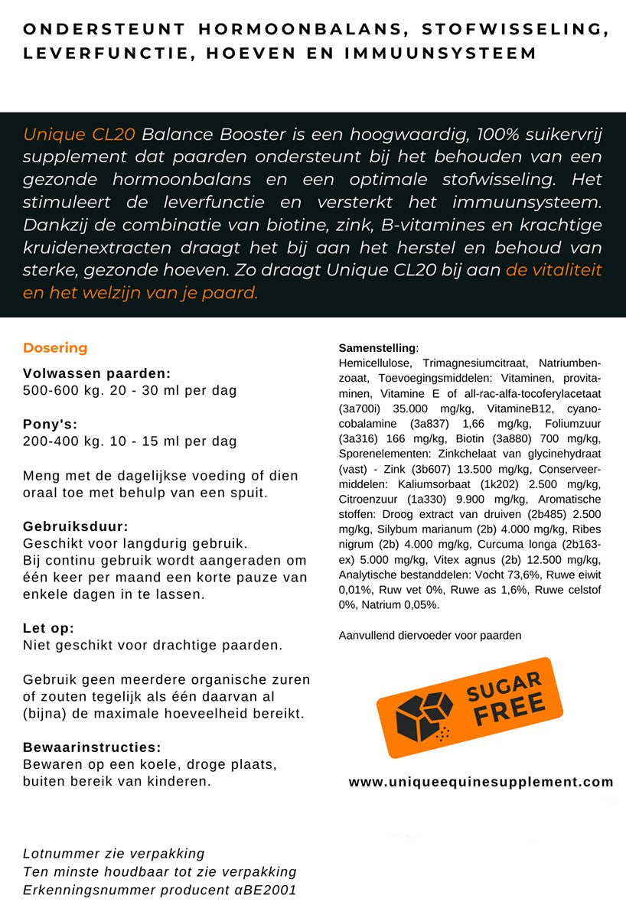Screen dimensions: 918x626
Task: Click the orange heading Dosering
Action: [55, 348]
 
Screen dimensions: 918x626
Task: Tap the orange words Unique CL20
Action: [79, 135]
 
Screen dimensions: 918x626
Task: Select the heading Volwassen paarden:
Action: [96, 374]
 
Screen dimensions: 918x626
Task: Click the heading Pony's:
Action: [50, 425]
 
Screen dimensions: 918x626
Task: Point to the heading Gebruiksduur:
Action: [76, 527]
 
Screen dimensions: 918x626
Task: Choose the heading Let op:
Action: [48, 628]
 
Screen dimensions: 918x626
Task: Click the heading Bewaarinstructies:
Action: [92, 747]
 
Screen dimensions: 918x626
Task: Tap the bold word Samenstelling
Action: [377, 348]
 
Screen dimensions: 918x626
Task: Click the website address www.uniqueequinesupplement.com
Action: [481, 782]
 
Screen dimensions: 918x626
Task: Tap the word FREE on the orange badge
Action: [509, 710]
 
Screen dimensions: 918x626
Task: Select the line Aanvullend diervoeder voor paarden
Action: [429, 635]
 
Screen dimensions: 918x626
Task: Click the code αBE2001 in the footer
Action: [269, 890]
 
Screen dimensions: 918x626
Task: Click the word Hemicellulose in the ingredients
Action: [374, 363]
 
